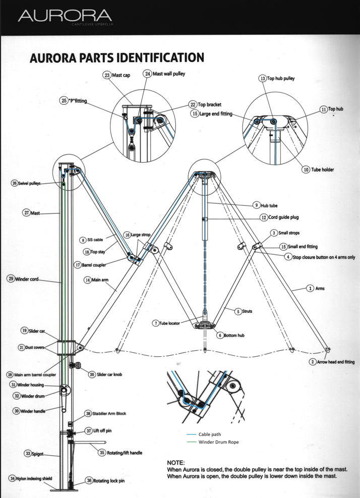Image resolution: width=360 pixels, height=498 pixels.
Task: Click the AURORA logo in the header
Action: coord(65,17)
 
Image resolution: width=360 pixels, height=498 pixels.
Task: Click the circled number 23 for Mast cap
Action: coord(107,75)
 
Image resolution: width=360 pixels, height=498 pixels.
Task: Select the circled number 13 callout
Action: coord(263,78)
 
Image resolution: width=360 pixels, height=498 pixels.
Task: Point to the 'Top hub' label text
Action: coord(336,108)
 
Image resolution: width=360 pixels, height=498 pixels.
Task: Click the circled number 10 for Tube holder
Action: coord(306,170)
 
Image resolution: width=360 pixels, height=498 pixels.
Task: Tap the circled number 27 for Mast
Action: coord(26,213)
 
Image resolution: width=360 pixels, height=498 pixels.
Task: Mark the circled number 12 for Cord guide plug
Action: coord(264,217)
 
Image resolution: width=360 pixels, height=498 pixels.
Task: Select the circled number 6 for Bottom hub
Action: coord(220,335)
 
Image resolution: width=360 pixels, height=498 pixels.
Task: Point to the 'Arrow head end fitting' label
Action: coord(336,362)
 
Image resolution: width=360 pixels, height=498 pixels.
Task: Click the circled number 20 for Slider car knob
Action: coord(92,374)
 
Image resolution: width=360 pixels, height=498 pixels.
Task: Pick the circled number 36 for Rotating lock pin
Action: coord(89,481)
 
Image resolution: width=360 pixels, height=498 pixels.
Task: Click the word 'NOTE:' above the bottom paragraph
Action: coord(175,462)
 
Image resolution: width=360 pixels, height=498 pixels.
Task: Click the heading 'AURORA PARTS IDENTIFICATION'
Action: coord(117,58)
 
